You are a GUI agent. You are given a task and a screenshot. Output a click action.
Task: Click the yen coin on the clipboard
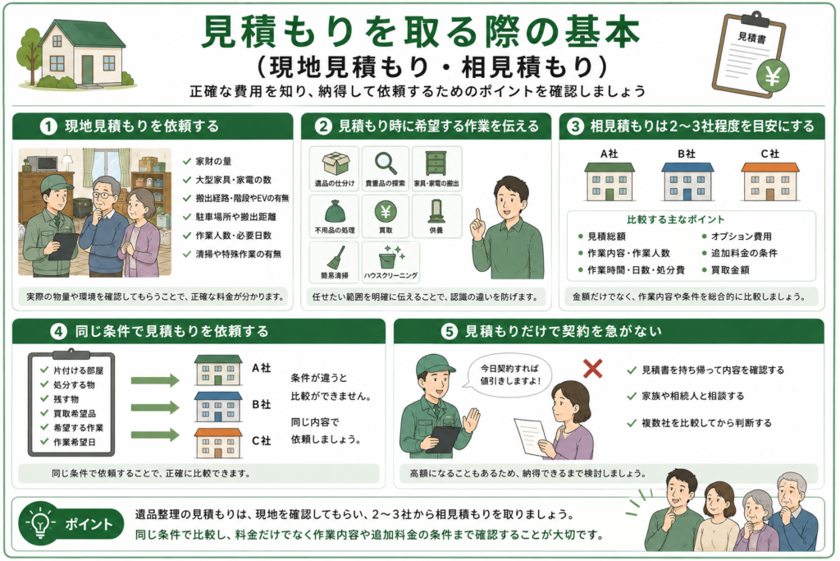(773, 76)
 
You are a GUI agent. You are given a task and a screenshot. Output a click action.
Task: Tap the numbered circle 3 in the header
(575, 126)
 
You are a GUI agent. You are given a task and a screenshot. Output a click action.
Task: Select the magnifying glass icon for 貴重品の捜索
(386, 163)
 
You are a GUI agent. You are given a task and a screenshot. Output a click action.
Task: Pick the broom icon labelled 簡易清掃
(336, 257)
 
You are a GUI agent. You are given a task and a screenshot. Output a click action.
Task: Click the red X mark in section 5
(592, 369)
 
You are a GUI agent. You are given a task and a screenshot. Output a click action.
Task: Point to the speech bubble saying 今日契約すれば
(509, 375)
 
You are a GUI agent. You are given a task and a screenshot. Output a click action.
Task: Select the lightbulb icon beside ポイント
(41, 522)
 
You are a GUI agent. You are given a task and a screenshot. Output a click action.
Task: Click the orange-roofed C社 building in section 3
(769, 182)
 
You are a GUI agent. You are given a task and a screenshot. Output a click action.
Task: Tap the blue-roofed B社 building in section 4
(217, 407)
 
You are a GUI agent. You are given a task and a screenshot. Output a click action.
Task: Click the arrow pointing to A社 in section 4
(155, 380)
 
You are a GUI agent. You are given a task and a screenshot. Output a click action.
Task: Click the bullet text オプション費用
(741, 237)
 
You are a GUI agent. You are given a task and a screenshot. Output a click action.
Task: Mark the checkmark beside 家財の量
(187, 161)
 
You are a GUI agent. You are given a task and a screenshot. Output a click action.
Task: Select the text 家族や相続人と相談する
(692, 397)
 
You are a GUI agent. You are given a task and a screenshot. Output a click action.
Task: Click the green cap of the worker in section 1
(53, 182)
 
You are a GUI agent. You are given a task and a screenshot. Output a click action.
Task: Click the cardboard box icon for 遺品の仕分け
(335, 163)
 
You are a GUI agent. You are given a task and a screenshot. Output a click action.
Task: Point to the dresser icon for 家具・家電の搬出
(436, 163)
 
